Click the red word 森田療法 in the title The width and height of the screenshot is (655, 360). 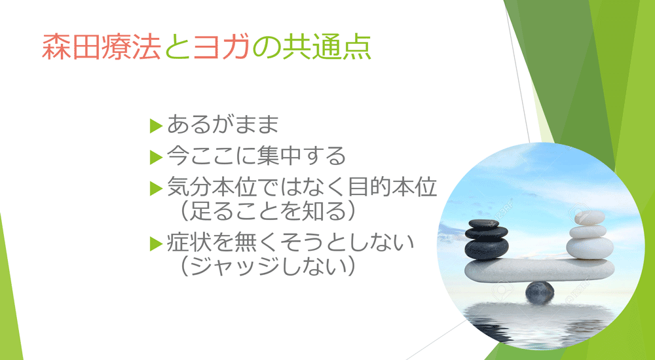point(101,48)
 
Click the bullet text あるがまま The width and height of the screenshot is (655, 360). point(223,124)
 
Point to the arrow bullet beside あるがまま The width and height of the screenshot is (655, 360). point(155,124)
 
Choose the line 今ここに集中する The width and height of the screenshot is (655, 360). point(256,156)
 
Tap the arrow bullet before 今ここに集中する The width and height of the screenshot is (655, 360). point(155,156)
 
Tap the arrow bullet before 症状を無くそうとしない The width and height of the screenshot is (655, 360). point(155,243)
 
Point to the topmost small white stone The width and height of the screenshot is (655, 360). point(582,218)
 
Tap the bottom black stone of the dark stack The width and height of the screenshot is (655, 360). point(486,249)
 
